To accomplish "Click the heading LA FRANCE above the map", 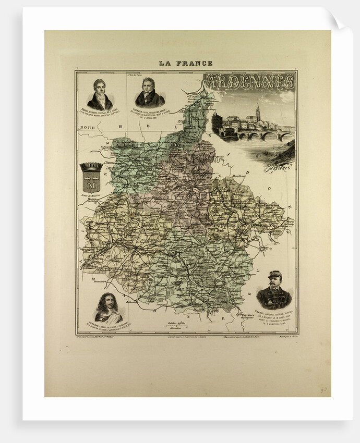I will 186,64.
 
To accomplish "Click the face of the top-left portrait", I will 100,86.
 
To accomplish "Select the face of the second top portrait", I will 149,85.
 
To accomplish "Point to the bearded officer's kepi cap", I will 274,275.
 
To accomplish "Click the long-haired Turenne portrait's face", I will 108,302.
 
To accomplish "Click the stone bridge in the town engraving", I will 263,136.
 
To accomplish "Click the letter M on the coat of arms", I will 92,184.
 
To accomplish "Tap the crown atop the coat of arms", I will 92,167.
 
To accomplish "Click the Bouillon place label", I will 239,176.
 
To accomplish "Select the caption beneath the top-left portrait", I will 100,115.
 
